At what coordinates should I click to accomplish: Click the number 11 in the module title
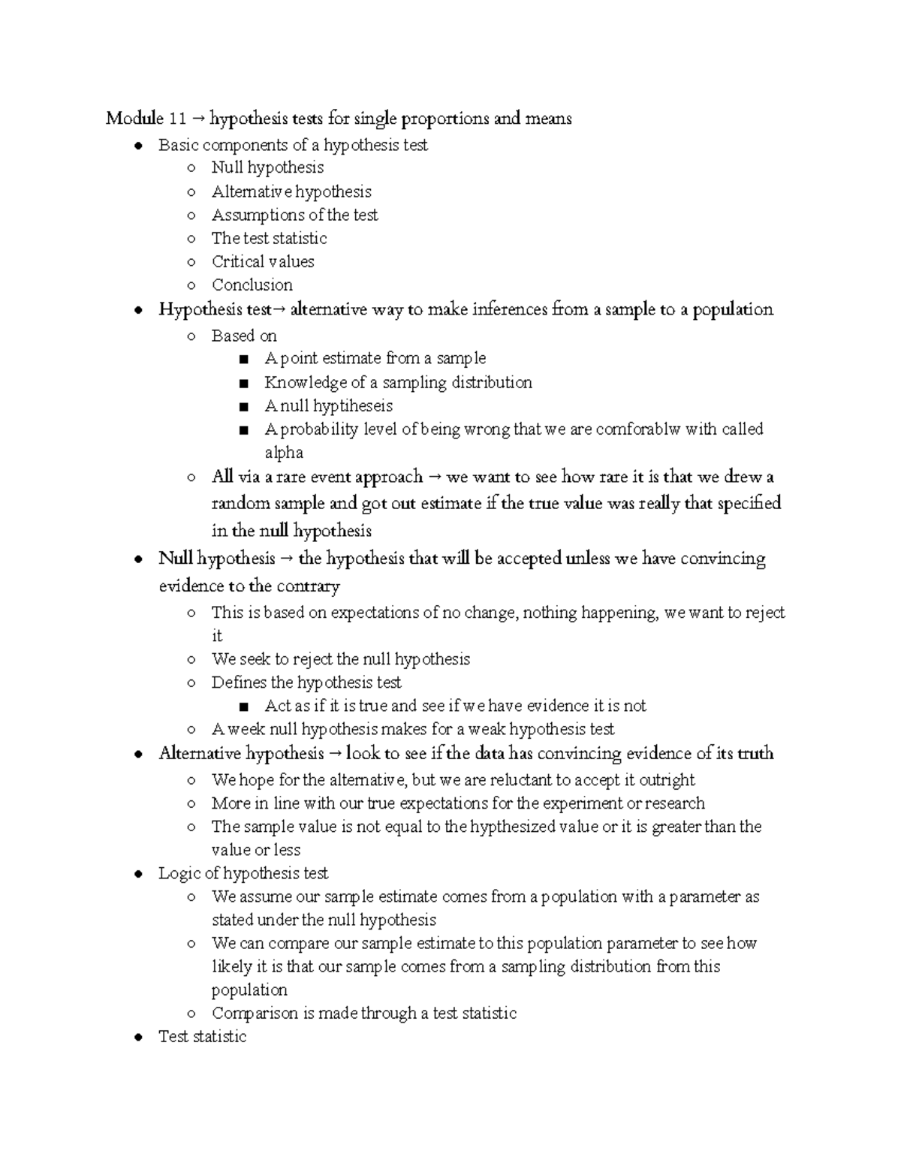177,119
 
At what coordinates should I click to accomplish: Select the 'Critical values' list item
263,261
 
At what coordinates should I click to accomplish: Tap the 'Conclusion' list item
252,285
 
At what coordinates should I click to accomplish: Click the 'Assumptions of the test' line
294,215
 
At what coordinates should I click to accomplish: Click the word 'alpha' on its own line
284,453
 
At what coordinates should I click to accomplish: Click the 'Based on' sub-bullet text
244,336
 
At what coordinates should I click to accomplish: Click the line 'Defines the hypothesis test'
306,682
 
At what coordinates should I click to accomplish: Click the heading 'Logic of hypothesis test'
243,873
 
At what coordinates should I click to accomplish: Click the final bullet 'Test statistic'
202,1036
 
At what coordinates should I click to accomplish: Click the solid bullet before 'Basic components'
137,146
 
